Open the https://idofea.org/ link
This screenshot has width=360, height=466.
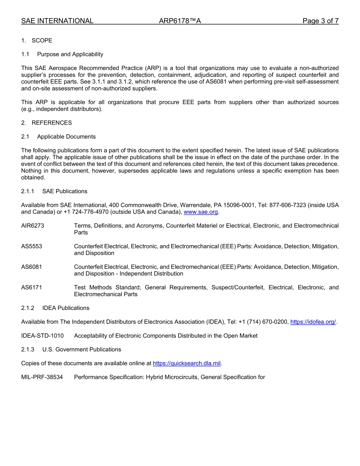coord(313,322)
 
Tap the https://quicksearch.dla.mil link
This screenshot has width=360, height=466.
coord(186,363)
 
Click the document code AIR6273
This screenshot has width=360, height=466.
coord(33,226)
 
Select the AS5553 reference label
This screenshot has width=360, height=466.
coord(31,246)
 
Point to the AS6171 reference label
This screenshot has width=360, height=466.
coord(31,288)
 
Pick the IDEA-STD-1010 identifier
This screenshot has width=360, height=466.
coord(42,336)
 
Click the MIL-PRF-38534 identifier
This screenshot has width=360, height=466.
coord(42,377)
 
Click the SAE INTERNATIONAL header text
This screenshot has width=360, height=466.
coord(57,21)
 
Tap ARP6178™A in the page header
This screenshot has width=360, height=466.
coord(180,21)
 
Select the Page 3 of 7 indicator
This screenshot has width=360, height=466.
coord(320,21)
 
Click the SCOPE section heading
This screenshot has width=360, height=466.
coord(42,41)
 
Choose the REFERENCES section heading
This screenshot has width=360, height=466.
coord(52,123)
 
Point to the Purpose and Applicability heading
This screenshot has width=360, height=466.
coord(70,54)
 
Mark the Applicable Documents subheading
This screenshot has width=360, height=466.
coord(66,137)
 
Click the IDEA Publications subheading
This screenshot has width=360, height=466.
coord(66,308)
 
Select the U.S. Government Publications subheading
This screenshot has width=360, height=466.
coord(81,349)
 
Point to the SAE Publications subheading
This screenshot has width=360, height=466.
coord(65,191)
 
